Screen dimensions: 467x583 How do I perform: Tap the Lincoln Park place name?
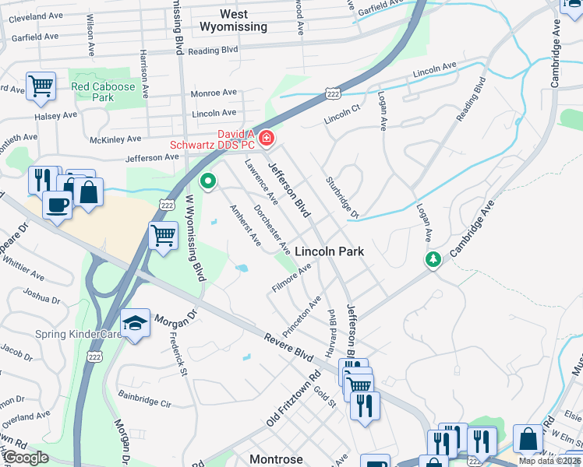[x=327, y=251]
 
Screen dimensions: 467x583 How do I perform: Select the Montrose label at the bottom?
[x=276, y=459]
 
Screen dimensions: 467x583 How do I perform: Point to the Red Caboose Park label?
[x=103, y=91]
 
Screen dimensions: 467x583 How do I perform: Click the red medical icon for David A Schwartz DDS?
[x=267, y=138]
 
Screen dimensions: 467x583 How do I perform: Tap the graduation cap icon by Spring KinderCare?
[x=135, y=323]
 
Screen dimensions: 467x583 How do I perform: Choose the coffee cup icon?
[x=57, y=205]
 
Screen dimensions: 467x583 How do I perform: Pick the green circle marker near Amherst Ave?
[x=208, y=181]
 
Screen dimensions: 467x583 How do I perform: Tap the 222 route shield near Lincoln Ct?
[x=333, y=93]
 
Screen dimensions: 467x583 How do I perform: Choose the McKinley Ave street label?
[x=115, y=139]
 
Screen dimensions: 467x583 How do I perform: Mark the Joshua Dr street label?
[x=41, y=294]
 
